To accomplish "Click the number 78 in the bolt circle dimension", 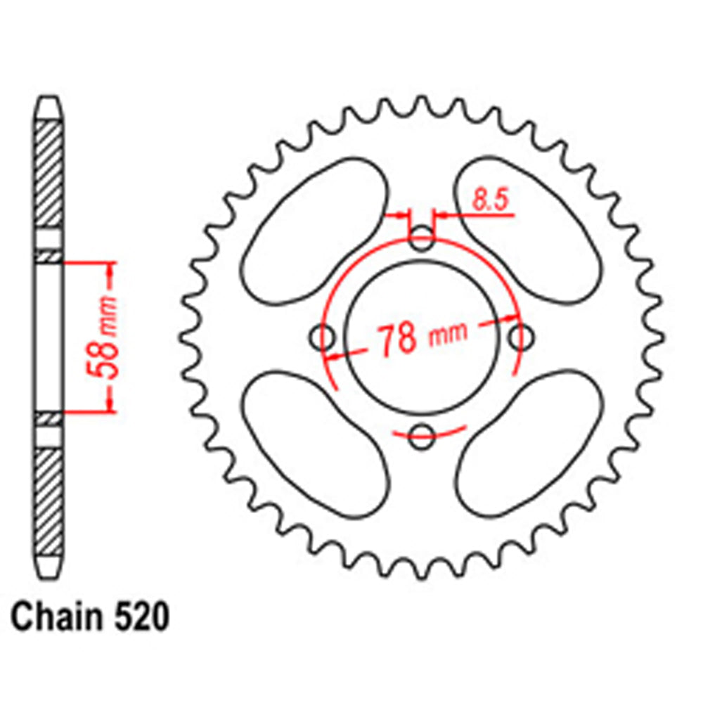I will tap(396, 339).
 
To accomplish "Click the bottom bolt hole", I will tap(420, 437).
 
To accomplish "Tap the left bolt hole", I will tap(323, 338).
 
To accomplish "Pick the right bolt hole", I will tap(520, 338).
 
